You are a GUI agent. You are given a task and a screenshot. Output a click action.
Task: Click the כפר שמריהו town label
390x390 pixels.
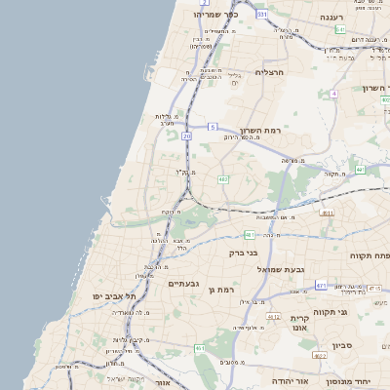click(x=216, y=15)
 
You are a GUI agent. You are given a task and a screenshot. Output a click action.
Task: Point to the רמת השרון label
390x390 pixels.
click(x=260, y=130)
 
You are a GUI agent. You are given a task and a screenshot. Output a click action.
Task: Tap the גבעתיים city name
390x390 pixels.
click(x=183, y=284)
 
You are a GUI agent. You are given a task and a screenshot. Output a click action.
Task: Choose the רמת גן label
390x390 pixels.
click(x=223, y=290)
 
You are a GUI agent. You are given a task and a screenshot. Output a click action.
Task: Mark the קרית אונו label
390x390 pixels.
click(x=299, y=324)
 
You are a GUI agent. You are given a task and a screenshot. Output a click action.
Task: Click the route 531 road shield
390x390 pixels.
click(x=261, y=15)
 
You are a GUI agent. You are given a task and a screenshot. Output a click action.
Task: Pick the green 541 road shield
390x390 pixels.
click(x=339, y=30)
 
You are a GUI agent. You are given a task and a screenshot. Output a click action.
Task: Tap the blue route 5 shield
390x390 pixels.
click(x=213, y=127)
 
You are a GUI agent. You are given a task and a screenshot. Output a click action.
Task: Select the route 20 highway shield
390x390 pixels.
click(x=186, y=136)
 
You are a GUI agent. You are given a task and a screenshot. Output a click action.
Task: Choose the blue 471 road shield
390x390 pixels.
click(x=321, y=286)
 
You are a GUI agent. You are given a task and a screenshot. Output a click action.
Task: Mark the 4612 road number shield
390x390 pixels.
click(x=274, y=317)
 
